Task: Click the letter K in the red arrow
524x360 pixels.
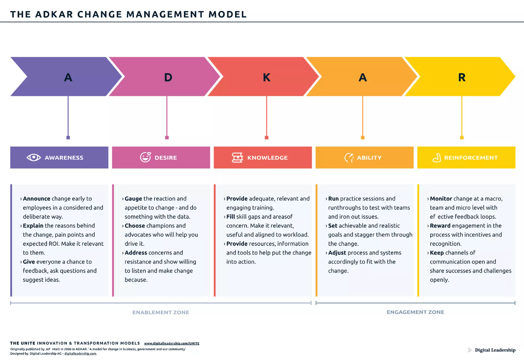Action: pyautogui.click(x=267, y=77)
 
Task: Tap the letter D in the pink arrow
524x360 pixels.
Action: pyautogui.click(x=168, y=77)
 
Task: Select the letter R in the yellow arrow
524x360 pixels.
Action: pyautogui.click(x=462, y=77)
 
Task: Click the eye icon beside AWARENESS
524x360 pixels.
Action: pyautogui.click(x=34, y=158)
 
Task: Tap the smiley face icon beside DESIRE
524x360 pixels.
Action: pyautogui.click(x=145, y=157)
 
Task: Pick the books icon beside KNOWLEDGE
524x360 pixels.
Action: pyautogui.click(x=237, y=158)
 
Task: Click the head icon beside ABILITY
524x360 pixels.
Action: pyautogui.click(x=349, y=158)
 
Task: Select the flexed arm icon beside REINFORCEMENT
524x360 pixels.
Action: pyautogui.click(x=437, y=158)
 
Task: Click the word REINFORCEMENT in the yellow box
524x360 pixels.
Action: pyautogui.click(x=471, y=158)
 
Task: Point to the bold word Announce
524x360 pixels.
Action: pyautogui.click(x=36, y=199)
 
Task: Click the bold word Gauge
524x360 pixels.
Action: pyautogui.click(x=133, y=199)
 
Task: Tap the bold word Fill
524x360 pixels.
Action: pyautogui.click(x=231, y=217)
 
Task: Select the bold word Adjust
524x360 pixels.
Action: pyautogui.click(x=337, y=253)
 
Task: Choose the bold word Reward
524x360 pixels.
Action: pyautogui.click(x=440, y=226)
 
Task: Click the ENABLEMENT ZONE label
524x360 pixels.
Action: pyautogui.click(x=161, y=313)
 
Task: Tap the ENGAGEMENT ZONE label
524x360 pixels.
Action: pyautogui.click(x=415, y=312)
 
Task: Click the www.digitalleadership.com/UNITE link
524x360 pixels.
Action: pyautogui.click(x=172, y=343)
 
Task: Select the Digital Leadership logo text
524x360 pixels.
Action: pyautogui.click(x=495, y=350)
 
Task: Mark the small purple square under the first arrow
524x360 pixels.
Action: pyautogui.click(x=68, y=137)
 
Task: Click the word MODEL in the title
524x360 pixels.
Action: pyautogui.click(x=228, y=15)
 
